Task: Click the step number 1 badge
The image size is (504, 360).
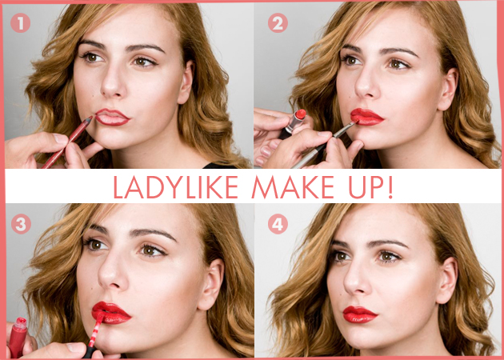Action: coord(20,23)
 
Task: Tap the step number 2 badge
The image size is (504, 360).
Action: coord(278,23)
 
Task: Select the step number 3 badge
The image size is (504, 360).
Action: coord(21,224)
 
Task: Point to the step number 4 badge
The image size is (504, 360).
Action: coord(278,224)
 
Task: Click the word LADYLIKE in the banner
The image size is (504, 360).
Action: coord(176,187)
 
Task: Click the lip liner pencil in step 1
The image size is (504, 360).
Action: coord(67,142)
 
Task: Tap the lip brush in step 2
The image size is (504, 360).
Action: coord(324,144)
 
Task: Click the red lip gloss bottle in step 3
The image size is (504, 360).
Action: coord(18,338)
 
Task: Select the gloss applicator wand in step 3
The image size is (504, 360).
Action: coord(94,334)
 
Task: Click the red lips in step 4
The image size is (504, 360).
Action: coord(360,314)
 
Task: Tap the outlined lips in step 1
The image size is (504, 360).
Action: coord(112,117)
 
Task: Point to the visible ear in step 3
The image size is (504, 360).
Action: coord(212,284)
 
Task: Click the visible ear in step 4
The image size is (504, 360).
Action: coord(447,280)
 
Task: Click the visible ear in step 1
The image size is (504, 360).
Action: coord(187,82)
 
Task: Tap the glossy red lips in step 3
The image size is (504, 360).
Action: coord(111,313)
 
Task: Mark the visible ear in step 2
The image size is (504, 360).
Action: coord(449,89)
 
